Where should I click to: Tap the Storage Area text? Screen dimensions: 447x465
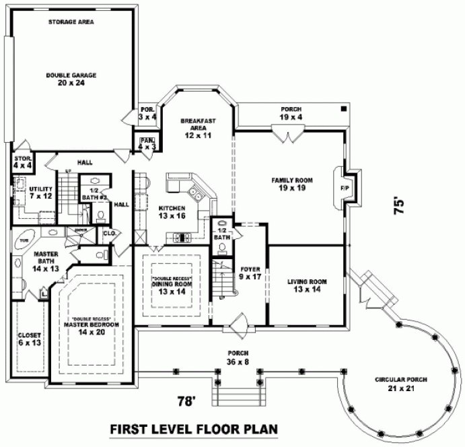click(x=71, y=22)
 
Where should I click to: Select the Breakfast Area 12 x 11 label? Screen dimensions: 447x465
click(x=197, y=128)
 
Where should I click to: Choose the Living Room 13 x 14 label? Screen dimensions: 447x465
click(x=307, y=285)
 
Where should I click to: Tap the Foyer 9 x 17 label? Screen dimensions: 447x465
click(x=250, y=273)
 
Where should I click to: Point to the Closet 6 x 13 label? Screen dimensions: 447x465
click(x=30, y=339)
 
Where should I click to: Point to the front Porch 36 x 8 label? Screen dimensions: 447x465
click(x=239, y=357)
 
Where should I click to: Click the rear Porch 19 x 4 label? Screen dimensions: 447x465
click(x=291, y=113)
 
